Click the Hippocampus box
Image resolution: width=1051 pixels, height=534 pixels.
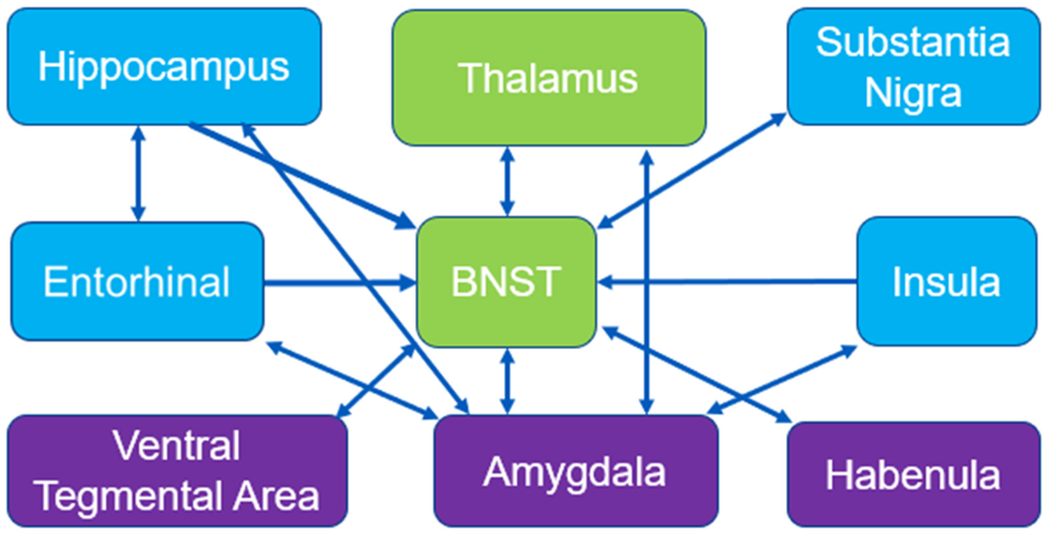point(164,67)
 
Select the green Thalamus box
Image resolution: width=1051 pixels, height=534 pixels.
point(549,77)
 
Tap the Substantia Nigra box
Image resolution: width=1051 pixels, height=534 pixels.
point(913,67)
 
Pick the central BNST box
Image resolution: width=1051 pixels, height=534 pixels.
point(506,281)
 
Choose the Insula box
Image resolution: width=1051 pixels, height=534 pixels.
point(947,281)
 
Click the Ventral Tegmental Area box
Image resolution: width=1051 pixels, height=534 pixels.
point(177,471)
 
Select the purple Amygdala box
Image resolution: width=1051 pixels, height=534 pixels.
point(575,471)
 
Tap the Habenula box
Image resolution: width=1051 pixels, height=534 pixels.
point(913,475)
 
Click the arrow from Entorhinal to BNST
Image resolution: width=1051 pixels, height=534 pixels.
point(339,282)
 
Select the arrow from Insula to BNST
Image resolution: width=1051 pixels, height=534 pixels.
point(726,281)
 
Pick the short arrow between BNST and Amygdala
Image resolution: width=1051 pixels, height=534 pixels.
point(507,381)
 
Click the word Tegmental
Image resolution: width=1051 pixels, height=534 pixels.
point(131,495)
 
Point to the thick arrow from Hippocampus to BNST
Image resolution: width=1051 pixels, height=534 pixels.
point(302,175)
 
